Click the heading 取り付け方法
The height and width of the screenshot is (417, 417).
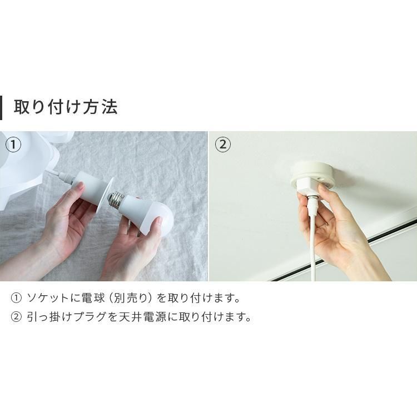tap(66, 107)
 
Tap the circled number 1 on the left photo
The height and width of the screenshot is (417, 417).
tap(13, 145)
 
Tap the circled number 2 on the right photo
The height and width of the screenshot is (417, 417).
tap(222, 145)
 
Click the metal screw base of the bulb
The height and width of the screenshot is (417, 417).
tap(117, 199)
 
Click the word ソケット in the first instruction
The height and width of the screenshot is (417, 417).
tap(48, 298)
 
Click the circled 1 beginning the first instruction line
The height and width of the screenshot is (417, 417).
tap(16, 298)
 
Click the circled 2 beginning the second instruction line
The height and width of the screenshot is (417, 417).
tap(16, 317)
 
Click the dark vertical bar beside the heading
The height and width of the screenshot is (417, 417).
tap(1, 108)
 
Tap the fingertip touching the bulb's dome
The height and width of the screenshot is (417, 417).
tap(159, 221)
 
